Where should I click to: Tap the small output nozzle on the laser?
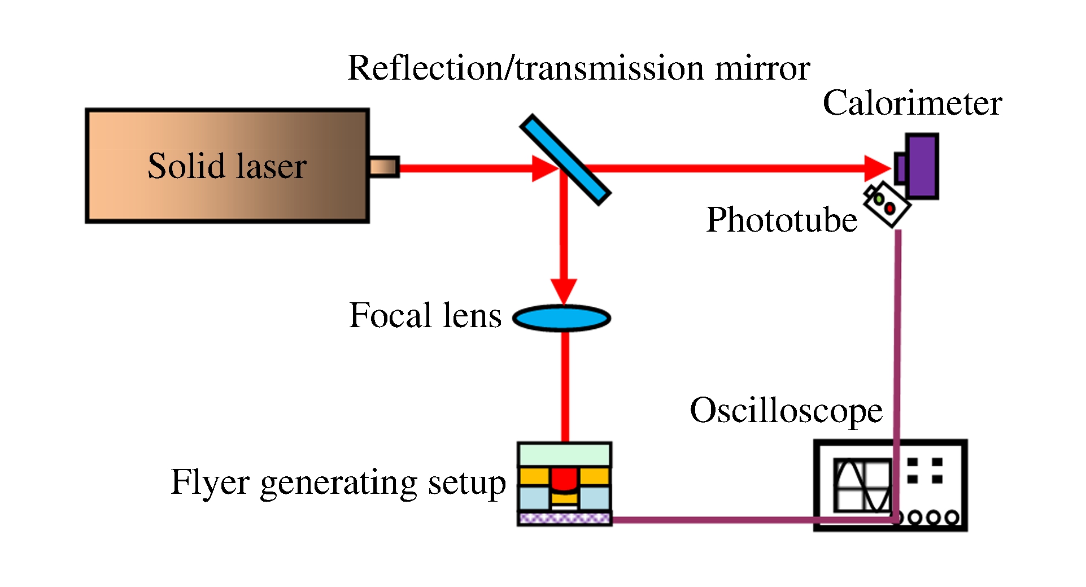(384, 167)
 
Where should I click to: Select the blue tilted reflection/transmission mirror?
(565, 159)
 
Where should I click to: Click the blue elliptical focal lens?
(562, 318)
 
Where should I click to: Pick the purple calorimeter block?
(922, 166)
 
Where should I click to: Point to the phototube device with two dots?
(887, 205)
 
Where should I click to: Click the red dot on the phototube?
(890, 208)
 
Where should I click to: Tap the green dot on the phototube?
(879, 199)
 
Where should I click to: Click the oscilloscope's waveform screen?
(862, 485)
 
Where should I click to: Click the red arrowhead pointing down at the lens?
(564, 290)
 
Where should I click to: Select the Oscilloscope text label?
(786, 410)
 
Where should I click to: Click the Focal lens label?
(425, 315)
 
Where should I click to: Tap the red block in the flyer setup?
(563, 479)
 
